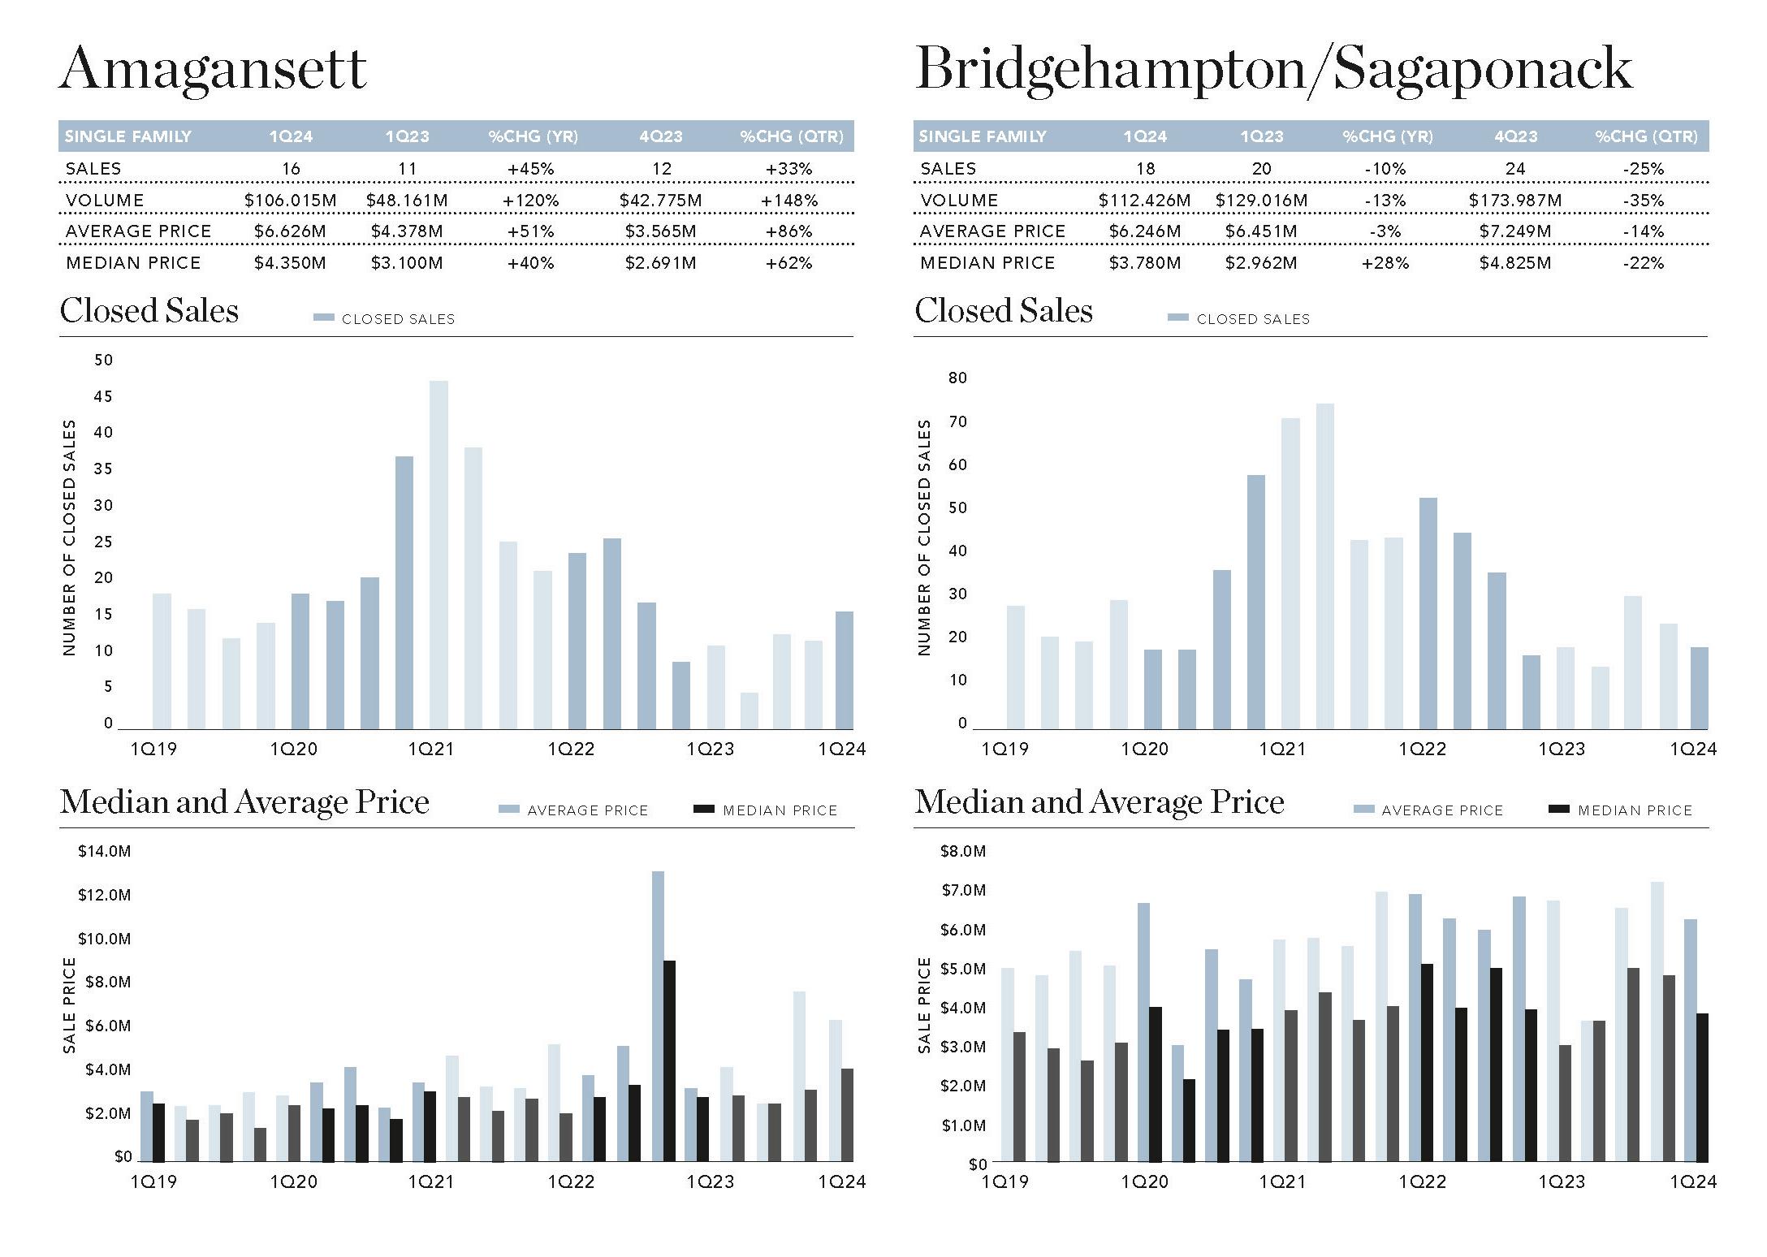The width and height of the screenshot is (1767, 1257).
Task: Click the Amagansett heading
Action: pyautogui.click(x=213, y=69)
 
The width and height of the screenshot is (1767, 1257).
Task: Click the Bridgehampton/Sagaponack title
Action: pyautogui.click(x=1272, y=69)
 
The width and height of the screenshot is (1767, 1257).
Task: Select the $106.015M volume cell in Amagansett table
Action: pyautogui.click(x=290, y=200)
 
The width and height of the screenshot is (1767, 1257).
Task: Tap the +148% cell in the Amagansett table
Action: pyautogui.click(x=788, y=200)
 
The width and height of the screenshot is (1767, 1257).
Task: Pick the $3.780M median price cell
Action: pyautogui.click(x=1144, y=262)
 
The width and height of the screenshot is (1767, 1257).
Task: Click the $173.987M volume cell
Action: pyautogui.click(x=1514, y=200)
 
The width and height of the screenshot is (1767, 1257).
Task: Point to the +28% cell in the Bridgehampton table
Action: pyautogui.click(x=1385, y=262)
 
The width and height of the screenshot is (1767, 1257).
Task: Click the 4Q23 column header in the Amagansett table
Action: pyautogui.click(x=660, y=136)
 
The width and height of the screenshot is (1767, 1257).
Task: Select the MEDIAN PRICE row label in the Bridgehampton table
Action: pyautogui.click(x=987, y=262)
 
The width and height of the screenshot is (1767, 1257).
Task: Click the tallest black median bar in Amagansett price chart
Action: pyautogui.click(x=669, y=1060)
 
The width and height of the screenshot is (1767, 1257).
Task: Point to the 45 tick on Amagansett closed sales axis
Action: pyautogui.click(x=103, y=396)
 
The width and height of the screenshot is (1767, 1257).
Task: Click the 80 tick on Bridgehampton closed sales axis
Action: pyautogui.click(x=957, y=378)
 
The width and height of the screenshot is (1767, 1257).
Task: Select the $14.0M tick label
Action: pyautogui.click(x=104, y=851)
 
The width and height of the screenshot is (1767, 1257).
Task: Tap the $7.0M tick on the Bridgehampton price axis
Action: pyautogui.click(x=963, y=890)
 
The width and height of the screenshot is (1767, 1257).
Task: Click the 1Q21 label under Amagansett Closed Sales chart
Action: pyautogui.click(x=430, y=749)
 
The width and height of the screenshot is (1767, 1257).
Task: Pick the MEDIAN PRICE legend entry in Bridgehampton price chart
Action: pyautogui.click(x=1620, y=810)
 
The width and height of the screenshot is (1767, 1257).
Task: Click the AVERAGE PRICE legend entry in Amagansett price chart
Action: pyautogui.click(x=573, y=810)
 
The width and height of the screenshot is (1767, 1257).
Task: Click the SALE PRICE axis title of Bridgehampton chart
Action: pyautogui.click(x=923, y=1004)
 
